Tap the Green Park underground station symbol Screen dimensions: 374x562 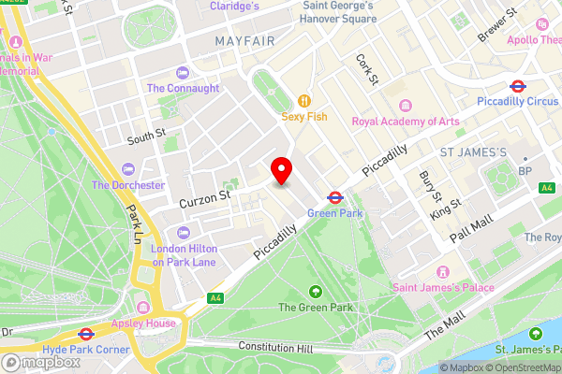coord(333,197)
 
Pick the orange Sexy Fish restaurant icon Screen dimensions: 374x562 coord(303,100)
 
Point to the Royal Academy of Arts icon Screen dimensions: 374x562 coord(405,105)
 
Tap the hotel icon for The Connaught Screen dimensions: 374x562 coord(182,72)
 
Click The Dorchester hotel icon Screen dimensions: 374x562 coord(128,168)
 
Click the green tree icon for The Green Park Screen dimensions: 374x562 coord(315,291)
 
